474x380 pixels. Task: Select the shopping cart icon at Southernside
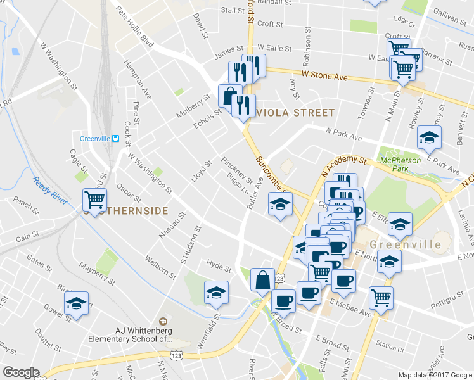coord(94,200)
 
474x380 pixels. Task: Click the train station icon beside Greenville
coord(115,139)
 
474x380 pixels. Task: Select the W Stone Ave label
coord(324,76)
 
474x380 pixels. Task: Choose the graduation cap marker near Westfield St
coord(216,293)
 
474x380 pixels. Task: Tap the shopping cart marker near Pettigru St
coord(381,297)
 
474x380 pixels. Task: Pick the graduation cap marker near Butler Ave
coord(279,205)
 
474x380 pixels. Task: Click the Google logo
coord(21,372)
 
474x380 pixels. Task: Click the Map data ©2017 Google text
coord(435,375)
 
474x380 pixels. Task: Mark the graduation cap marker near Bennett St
coord(429,137)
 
